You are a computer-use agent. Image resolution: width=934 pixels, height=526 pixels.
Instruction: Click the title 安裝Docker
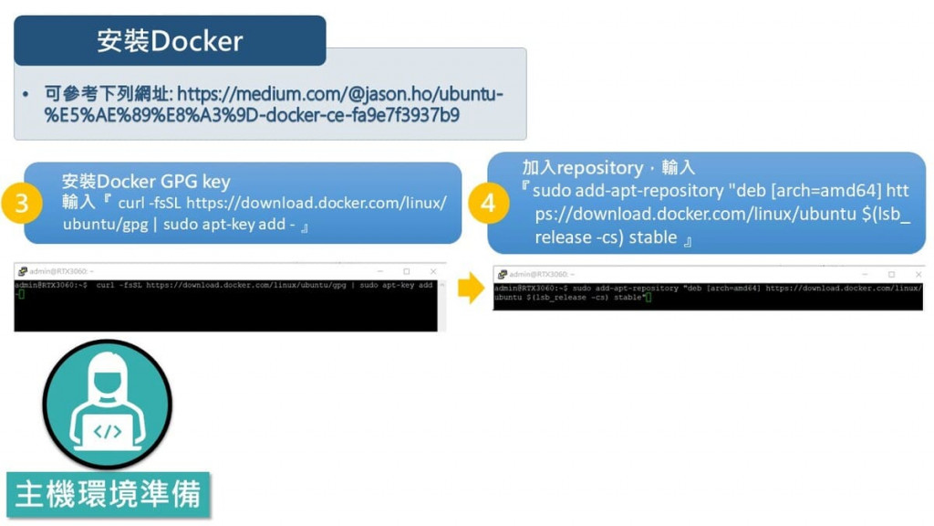170,41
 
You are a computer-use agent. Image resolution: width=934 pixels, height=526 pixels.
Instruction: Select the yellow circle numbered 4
487,203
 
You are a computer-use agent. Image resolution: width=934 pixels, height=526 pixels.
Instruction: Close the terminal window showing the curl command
433,271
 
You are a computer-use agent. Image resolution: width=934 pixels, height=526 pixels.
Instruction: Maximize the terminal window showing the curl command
407,271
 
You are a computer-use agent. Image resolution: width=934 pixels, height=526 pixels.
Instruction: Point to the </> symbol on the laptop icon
108,431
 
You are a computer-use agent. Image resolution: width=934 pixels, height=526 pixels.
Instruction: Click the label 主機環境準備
108,494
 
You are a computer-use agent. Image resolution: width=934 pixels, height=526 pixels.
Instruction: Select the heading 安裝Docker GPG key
146,181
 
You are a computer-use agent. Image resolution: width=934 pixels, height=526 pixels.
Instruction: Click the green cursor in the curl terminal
20,294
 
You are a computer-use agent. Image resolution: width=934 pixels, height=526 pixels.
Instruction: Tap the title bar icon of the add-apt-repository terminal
502,274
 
